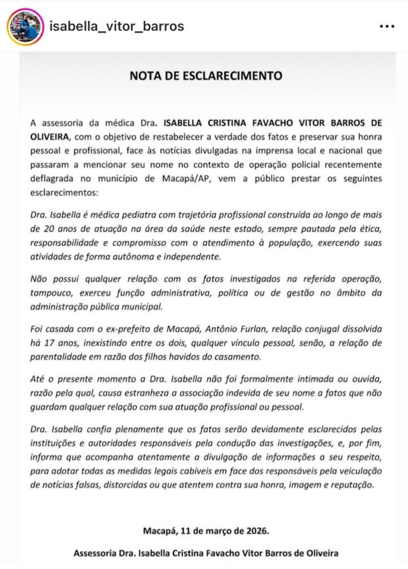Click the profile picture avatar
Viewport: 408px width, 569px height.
(x=26, y=27)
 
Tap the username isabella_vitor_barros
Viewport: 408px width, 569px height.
(x=117, y=26)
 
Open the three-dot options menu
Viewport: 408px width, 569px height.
(x=387, y=26)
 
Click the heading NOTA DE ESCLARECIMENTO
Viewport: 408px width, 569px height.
(x=206, y=76)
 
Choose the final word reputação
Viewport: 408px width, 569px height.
(x=353, y=485)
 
